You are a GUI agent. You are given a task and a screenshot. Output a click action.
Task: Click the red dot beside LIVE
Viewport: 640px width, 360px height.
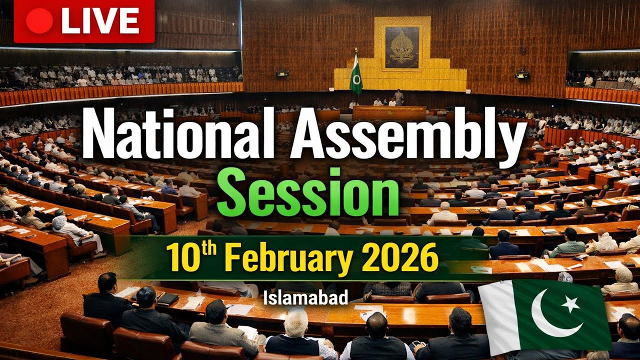pyautogui.click(x=39, y=21)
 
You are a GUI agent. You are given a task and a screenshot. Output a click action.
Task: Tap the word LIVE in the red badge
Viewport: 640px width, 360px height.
pyautogui.click(x=100, y=21)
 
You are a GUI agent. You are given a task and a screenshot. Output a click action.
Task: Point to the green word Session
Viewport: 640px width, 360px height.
pyautogui.click(x=307, y=192)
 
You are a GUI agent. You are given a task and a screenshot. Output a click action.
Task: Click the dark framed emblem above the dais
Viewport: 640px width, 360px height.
pyautogui.click(x=401, y=47)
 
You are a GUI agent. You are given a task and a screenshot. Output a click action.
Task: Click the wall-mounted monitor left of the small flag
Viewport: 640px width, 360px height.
pyautogui.click(x=282, y=73)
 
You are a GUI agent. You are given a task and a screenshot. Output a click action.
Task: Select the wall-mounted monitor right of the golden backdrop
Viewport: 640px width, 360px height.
pyautogui.click(x=522, y=75)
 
